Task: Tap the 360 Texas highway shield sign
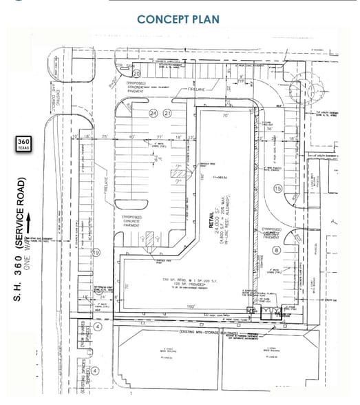click(23, 145)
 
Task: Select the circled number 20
click(136, 74)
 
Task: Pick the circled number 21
click(166, 113)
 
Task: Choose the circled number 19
click(96, 253)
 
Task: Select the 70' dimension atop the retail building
click(226, 116)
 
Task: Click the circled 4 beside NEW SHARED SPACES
click(97, 326)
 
